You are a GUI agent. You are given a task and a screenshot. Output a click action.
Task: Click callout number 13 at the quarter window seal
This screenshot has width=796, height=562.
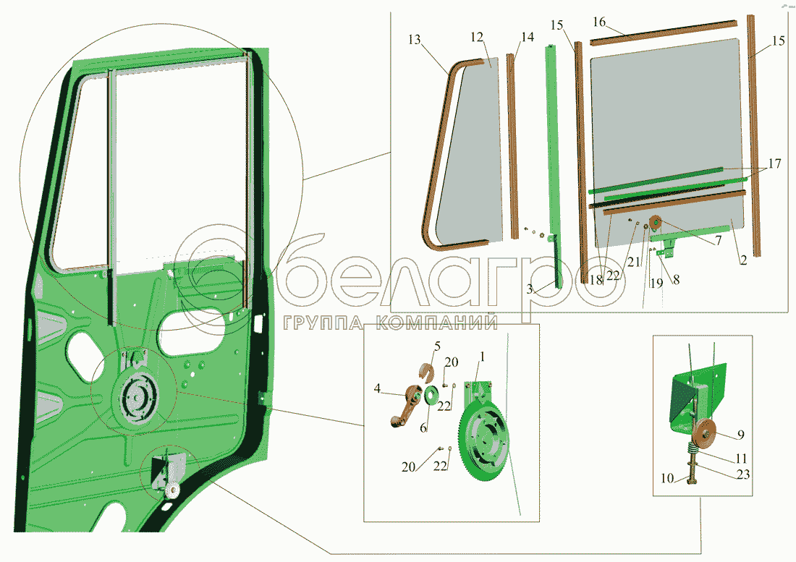tap(414, 40)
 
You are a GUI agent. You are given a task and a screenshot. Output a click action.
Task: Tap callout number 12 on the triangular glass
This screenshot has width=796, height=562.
tap(477, 37)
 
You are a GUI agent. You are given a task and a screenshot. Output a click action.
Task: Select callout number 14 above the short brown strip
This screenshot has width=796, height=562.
tap(528, 37)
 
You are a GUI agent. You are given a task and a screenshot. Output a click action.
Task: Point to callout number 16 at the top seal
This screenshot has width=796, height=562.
tap(599, 22)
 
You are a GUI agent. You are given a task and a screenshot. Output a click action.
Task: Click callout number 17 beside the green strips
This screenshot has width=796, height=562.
tap(775, 164)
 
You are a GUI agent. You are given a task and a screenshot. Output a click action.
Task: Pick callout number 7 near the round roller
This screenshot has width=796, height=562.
tap(719, 240)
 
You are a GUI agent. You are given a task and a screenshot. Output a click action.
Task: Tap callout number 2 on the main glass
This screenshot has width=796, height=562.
tap(743, 260)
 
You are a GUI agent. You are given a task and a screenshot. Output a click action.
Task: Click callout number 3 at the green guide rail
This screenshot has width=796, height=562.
tap(530, 289)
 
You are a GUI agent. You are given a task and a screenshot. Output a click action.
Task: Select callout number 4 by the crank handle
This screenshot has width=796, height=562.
tap(377, 388)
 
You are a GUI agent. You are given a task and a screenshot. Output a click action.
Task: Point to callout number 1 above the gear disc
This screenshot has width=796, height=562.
tap(482, 357)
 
